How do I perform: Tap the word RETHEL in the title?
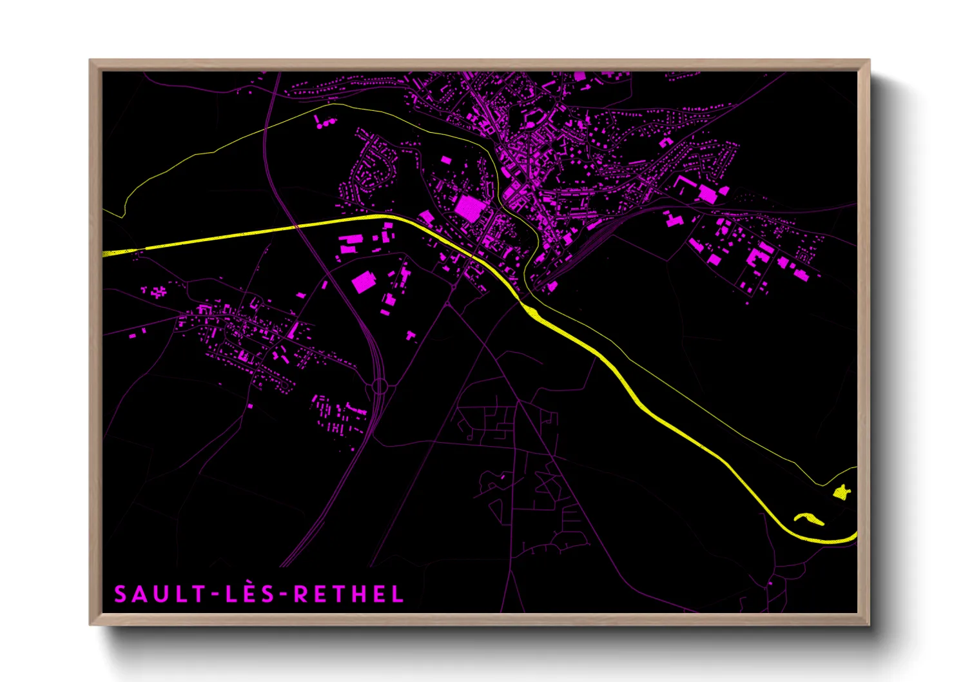click(x=349, y=594)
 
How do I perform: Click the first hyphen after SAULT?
click(x=216, y=594)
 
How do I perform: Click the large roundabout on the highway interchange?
click(x=379, y=386)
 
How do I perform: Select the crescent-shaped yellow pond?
click(x=809, y=518)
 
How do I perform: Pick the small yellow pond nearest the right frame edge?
click(x=841, y=493)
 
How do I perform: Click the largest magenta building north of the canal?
click(x=470, y=208)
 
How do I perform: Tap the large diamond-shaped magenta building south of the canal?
click(x=364, y=282)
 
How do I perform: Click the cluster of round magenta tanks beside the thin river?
click(x=324, y=121)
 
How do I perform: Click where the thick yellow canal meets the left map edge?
click(x=104, y=253)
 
